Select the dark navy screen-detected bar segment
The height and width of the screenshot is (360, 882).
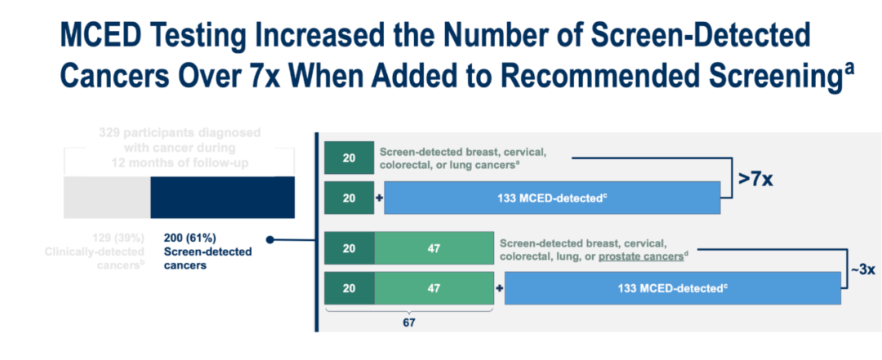tap(222, 198)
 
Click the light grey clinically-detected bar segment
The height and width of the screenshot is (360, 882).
tap(107, 198)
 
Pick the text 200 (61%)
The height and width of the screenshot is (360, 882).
tap(189, 238)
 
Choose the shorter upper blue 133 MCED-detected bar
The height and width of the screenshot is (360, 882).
tap(552, 198)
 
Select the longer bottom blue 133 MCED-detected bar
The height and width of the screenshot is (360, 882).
tap(673, 288)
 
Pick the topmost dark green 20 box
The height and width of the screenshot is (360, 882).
tap(349, 158)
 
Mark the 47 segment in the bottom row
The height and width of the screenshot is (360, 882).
tap(412, 288)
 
